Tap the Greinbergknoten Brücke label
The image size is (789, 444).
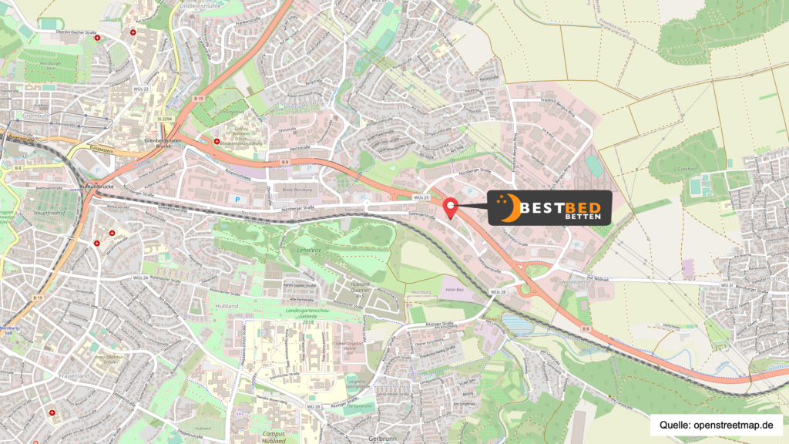163,143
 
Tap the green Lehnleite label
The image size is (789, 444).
308,251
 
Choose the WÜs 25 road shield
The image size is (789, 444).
421,197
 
